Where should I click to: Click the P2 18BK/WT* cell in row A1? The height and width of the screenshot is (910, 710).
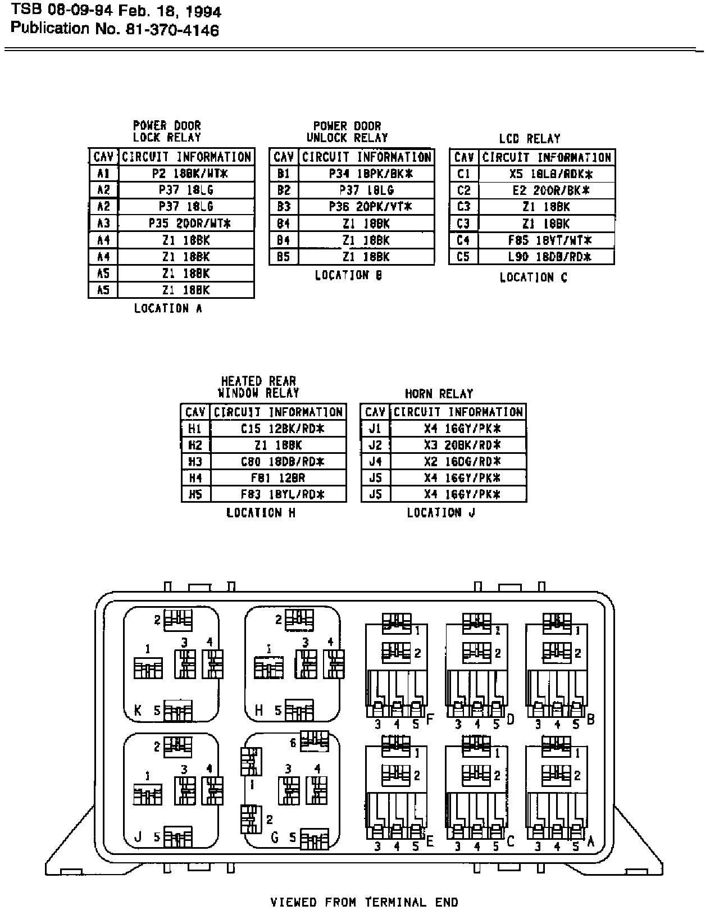pos(186,174)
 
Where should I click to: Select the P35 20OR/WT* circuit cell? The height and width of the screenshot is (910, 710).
pos(186,223)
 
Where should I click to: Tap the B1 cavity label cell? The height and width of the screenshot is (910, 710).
pos(284,174)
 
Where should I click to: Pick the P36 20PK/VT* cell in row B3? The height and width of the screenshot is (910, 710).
pos(366,207)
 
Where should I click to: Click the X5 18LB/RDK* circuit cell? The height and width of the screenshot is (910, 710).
pos(547,174)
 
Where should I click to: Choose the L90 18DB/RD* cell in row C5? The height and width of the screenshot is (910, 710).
pos(547,257)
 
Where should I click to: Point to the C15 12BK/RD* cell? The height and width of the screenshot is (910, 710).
pos(278,429)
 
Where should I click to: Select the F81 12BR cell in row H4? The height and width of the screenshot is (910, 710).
pos(278,478)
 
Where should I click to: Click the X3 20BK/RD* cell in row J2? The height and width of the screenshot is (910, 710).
pos(458,445)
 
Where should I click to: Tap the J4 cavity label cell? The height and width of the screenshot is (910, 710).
pos(375,462)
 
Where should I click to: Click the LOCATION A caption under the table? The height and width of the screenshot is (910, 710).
pos(168,308)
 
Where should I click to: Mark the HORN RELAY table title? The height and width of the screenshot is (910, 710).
pos(439,394)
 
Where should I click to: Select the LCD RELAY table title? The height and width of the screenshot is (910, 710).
pos(529,139)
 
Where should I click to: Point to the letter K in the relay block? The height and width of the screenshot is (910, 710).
pos(138,711)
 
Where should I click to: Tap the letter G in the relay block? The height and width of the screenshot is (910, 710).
pos(275,838)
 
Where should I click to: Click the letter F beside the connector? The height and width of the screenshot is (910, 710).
pos(431,719)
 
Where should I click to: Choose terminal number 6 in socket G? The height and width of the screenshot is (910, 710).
pos(293,743)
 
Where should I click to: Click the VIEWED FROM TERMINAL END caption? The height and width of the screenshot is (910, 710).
pos(364,903)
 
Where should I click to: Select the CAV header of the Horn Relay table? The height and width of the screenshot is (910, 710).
pos(375,412)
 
